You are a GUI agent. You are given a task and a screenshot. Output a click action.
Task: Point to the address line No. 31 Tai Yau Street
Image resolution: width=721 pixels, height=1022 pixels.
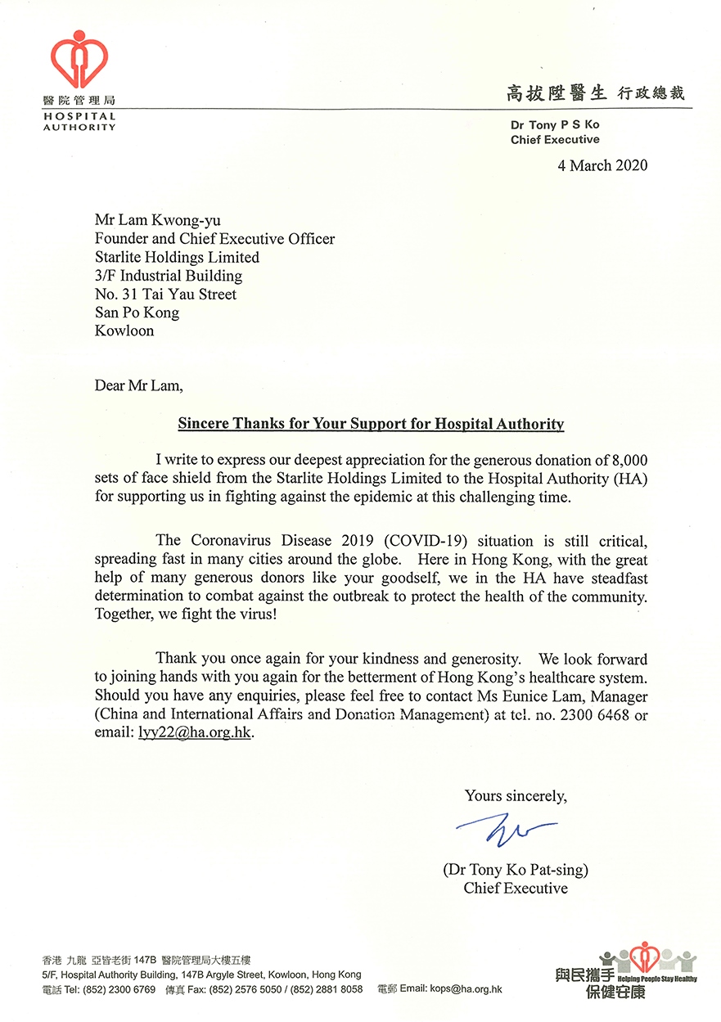coord(166,295)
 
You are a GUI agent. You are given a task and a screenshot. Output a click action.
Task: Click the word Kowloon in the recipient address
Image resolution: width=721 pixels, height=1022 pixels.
coord(124,331)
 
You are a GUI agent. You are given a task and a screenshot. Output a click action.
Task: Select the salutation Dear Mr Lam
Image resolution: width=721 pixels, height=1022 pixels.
coord(140,385)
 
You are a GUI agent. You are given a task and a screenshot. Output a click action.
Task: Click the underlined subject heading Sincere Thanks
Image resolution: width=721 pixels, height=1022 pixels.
coord(372,424)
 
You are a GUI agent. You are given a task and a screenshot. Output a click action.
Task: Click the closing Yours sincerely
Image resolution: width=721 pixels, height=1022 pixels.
coord(515,795)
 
